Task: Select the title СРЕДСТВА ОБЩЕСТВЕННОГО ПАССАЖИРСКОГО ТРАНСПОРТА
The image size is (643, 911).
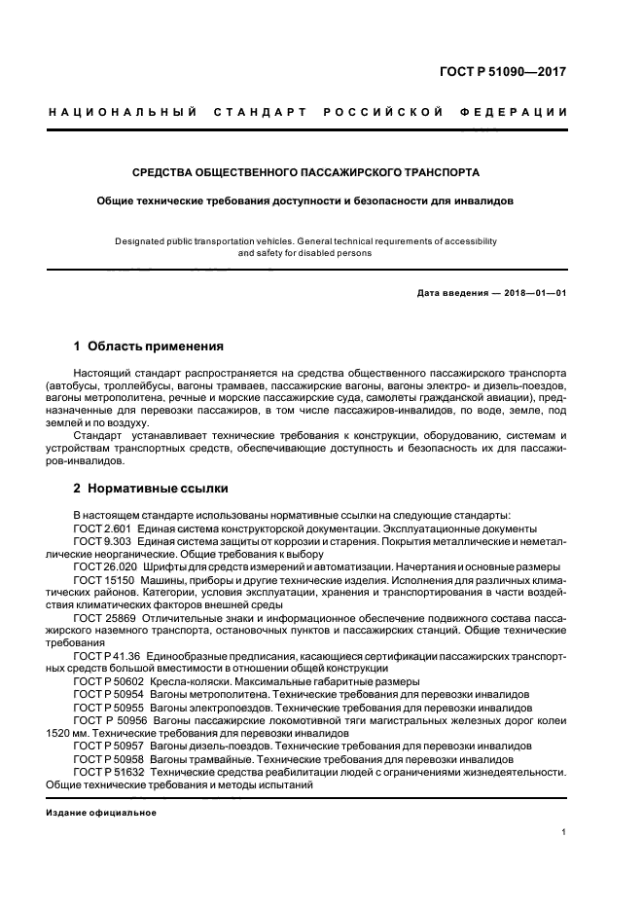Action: [x=306, y=172]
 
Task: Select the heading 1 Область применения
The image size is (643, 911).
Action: [x=149, y=346]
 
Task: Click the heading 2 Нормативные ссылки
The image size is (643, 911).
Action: [x=151, y=488]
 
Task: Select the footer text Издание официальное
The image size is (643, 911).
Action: [x=102, y=813]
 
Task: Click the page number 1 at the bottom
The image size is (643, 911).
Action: [x=564, y=832]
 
